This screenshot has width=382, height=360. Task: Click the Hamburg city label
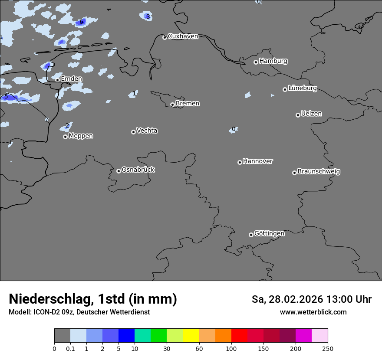[x=273, y=61]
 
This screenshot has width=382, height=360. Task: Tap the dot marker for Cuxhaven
[x=165, y=38]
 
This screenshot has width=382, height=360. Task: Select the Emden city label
[x=71, y=79]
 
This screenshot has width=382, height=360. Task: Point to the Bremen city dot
[x=172, y=105]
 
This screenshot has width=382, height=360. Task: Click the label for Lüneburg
[x=303, y=88]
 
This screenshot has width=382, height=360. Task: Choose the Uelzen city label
[x=311, y=114]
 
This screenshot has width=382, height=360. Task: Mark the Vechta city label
[x=147, y=131]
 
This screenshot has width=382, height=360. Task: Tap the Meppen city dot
[x=65, y=137]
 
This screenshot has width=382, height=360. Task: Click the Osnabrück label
[x=138, y=170]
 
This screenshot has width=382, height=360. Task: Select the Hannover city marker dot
[x=240, y=162]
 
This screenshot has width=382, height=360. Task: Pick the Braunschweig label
[x=319, y=171]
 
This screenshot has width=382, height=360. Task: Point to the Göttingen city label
[x=269, y=233]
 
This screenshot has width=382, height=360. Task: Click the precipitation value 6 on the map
[x=81, y=22]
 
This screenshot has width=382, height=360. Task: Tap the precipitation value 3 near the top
[x=148, y=16]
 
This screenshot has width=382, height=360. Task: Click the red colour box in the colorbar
[x=239, y=336]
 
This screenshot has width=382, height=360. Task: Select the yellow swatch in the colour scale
[x=191, y=336]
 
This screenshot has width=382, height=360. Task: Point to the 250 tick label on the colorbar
[x=328, y=348]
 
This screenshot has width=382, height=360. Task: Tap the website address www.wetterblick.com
[x=313, y=312]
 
